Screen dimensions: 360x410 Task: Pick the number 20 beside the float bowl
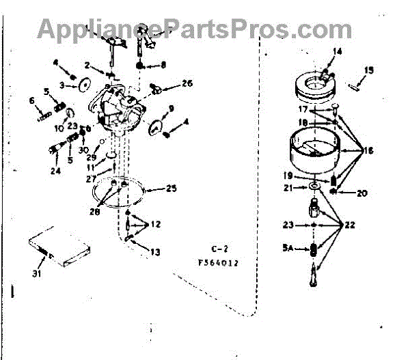[361, 193]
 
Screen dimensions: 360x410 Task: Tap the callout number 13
[156, 252]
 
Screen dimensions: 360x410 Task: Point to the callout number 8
[163, 65]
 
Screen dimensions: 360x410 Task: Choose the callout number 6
[32, 101]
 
